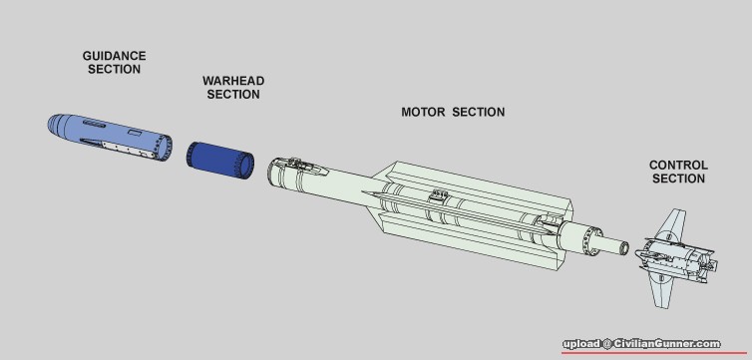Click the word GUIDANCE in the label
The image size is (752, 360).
pos(114,56)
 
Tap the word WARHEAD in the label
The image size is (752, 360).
pos(233,81)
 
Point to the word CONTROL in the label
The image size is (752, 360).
pos(678,166)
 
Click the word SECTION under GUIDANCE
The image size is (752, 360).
pos(114,69)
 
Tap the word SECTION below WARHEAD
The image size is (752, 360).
pos(233,94)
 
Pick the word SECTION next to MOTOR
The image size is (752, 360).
pos(479,112)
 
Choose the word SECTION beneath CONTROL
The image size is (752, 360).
pos(678,179)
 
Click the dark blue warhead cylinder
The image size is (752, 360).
pos(220,160)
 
